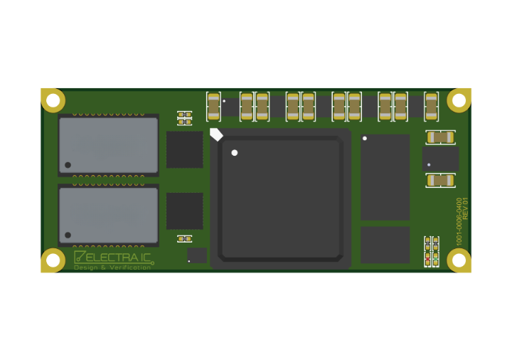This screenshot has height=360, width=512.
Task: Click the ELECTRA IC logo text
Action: [x=118, y=257]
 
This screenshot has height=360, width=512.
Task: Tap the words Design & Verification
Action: [x=112, y=268]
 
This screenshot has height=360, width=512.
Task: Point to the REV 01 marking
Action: [x=466, y=208]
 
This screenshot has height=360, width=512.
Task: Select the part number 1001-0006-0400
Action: [x=459, y=221]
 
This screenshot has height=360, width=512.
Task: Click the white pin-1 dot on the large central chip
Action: [x=234, y=153]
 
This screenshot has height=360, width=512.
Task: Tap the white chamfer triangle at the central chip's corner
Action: [x=216, y=134]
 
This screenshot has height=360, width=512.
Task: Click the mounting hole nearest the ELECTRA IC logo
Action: [x=53, y=260]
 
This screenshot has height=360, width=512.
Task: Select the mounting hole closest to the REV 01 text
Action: [x=459, y=260]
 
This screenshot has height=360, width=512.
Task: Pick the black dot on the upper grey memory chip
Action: [x=68, y=165]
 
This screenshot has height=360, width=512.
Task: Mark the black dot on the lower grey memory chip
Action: [x=68, y=235]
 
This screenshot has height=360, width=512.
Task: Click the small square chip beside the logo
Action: [x=197, y=255]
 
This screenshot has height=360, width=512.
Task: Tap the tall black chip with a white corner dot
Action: [x=385, y=176]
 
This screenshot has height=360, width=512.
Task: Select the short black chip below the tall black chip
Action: [x=385, y=245]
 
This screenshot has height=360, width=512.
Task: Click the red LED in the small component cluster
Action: [x=427, y=259]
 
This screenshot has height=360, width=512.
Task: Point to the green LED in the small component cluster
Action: [x=436, y=259]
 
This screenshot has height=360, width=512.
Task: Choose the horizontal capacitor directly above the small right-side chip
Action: [x=440, y=137]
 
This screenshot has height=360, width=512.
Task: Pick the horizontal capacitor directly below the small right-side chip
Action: [x=440, y=180]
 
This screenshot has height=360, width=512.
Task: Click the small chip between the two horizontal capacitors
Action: [x=440, y=159]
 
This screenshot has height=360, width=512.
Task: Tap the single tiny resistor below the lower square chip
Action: [x=184, y=238]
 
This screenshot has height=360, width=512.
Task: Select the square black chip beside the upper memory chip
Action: [x=184, y=149]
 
